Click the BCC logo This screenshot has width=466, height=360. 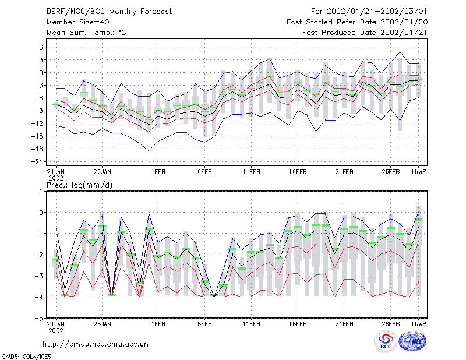pos(386,341)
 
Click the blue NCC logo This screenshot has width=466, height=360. pos(413,341)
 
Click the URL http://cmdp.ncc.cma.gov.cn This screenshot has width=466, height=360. pos(96,344)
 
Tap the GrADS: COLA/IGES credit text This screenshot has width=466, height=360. pos(27,357)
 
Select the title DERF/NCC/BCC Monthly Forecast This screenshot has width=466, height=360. pos(109,12)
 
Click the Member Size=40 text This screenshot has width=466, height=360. pos(78,22)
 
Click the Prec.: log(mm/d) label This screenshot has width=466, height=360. pos(79,185)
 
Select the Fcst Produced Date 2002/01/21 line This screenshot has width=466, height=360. pos(365,33)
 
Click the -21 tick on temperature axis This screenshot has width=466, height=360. pos(37,162)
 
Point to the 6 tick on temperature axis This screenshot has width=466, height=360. pos(41,47)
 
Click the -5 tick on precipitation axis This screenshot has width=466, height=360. pos(38,318)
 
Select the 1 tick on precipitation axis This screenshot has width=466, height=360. pos(41,191)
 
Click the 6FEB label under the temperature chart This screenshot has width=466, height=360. pos(205,172)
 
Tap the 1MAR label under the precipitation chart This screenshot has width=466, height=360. pos(418,324)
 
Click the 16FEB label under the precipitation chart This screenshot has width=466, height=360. pos(298,324)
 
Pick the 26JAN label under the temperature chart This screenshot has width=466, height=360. pos(103,172)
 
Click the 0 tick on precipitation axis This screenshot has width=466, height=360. pos(41,213)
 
